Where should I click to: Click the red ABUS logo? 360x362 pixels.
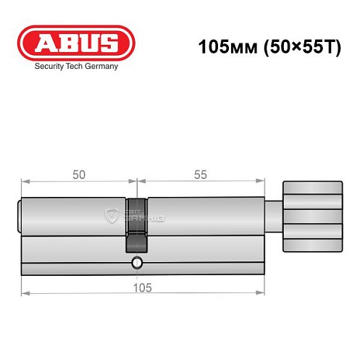click(x=75, y=43)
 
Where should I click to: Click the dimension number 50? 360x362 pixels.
click(x=78, y=175)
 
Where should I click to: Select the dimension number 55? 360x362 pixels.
click(x=200, y=175)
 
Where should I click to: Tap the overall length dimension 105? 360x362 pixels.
click(x=143, y=287)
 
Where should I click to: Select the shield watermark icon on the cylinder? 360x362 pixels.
click(x=112, y=215)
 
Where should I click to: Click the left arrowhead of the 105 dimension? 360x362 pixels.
click(x=25, y=292)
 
